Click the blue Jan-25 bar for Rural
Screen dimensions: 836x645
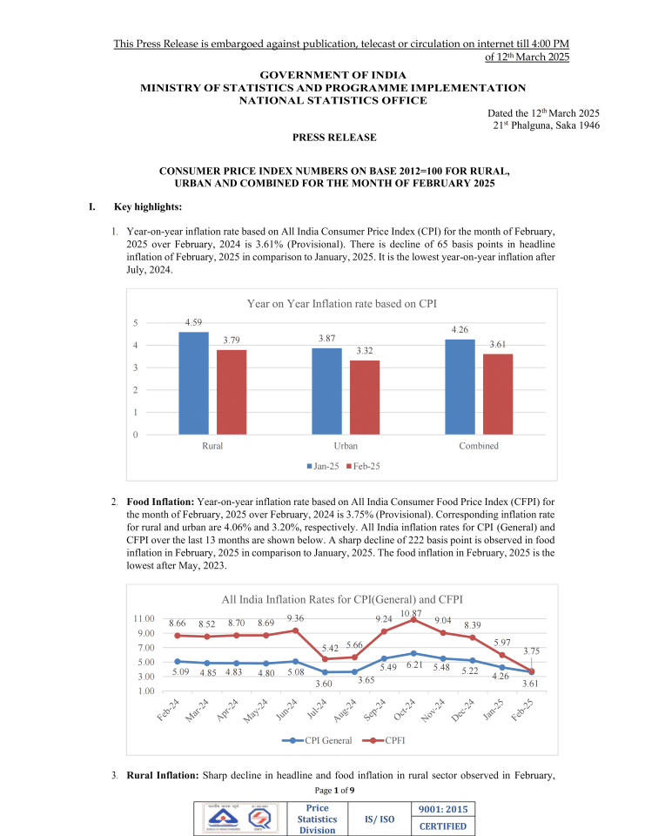coord(193,383)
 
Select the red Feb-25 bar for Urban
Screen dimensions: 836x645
coord(365,397)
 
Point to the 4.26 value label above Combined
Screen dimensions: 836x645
coord(460,329)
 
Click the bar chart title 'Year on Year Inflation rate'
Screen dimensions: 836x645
coord(341,303)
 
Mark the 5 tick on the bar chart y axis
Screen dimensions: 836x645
coord(135,323)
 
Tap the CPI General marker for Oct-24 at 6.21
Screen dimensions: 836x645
coord(413,653)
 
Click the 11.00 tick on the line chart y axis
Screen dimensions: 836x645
coord(144,619)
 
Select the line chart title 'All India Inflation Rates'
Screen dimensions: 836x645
coord(341,599)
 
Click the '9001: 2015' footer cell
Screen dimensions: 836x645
coord(444,809)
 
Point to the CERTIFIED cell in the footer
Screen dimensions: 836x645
coord(444,826)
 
